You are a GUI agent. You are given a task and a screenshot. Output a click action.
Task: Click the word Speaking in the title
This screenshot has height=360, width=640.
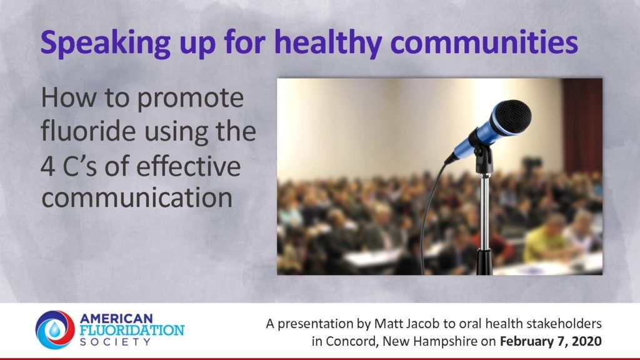[106, 43]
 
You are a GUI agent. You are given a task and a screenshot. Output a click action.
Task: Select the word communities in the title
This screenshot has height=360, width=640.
[484, 42]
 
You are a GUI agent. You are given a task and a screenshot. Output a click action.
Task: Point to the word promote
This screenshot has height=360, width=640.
[190, 99]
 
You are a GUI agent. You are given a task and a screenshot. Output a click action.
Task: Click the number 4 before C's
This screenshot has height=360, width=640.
[47, 166]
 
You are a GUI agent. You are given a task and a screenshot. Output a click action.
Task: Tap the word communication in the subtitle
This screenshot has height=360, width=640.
[137, 197]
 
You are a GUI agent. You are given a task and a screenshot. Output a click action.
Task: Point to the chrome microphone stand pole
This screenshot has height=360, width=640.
[484, 212]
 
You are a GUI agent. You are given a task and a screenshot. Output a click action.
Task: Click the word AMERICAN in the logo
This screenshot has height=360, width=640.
[111, 318]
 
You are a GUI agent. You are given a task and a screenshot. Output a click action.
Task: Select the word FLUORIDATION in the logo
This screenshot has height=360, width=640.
[132, 330]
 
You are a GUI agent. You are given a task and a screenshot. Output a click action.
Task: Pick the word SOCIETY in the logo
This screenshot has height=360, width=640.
[116, 342]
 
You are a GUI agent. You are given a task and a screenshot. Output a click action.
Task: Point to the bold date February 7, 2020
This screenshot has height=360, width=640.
[551, 341]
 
